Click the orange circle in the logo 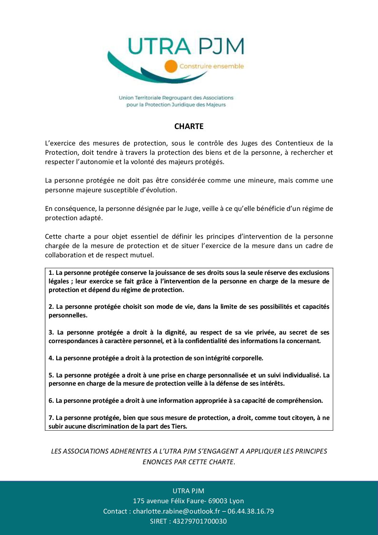pyautogui.click(x=171, y=66)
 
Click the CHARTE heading pyautogui.click(x=189, y=126)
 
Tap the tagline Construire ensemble pyautogui.click(x=212, y=66)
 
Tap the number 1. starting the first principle pyautogui.click(x=51, y=273)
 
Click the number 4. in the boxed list pyautogui.click(x=51, y=358)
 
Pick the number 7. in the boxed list pyautogui.click(x=51, y=418)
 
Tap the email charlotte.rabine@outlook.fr pyautogui.click(x=176, y=511)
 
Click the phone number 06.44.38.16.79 pyautogui.click(x=251, y=511)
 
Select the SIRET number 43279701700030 pyautogui.click(x=200, y=521)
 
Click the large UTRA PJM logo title pyautogui.click(x=186, y=46)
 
